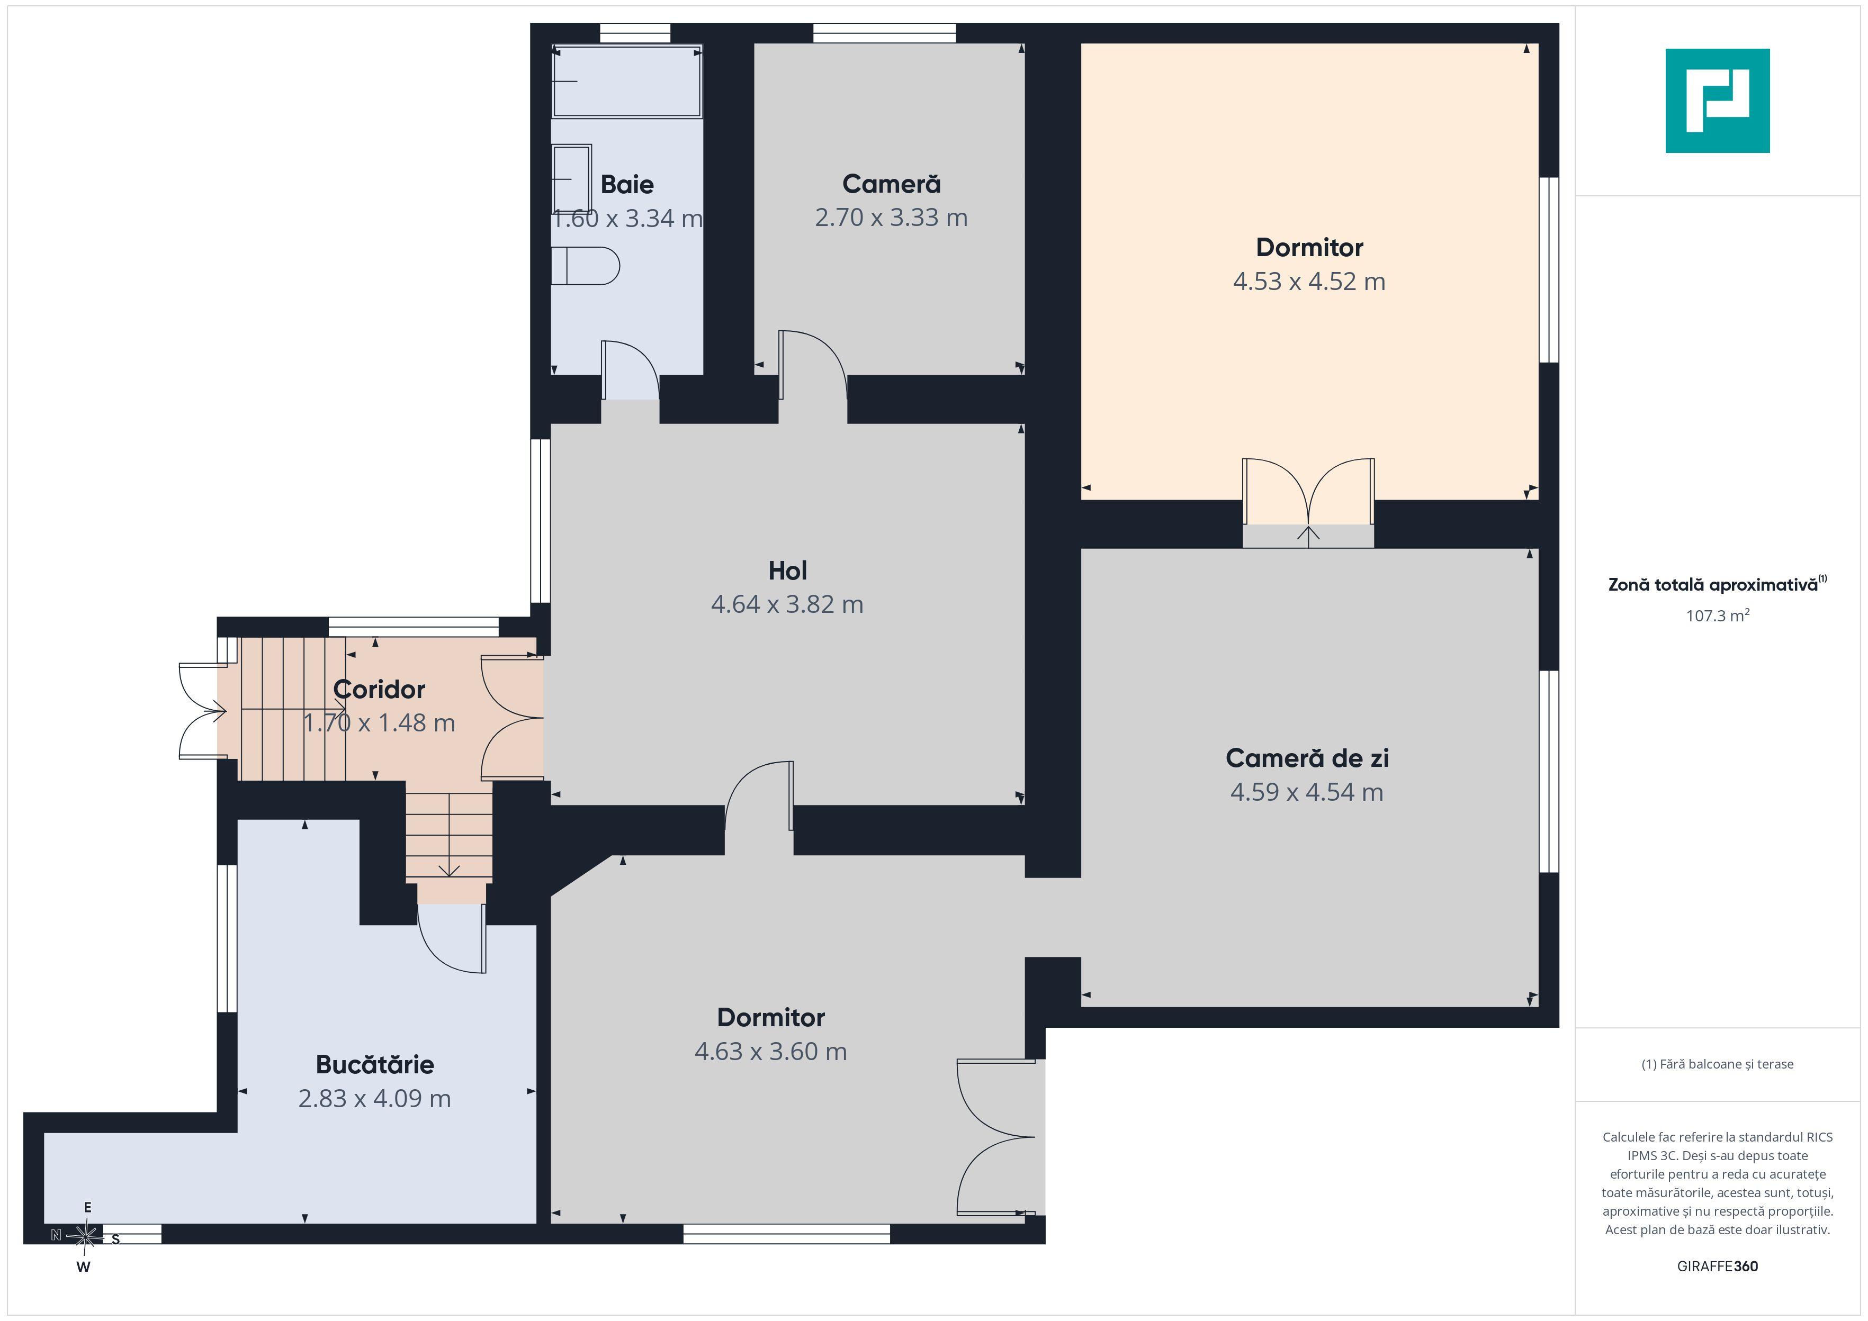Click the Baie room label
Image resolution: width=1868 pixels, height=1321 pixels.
[626, 185]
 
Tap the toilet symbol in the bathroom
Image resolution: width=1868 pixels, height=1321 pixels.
[586, 266]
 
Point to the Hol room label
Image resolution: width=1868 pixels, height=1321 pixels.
[787, 571]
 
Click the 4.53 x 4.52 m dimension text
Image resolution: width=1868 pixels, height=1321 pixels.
[1309, 282]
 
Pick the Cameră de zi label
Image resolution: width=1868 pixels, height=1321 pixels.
[1307, 758]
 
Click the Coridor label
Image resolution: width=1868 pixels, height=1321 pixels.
[379, 690]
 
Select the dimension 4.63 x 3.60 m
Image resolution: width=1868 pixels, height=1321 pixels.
[770, 1052]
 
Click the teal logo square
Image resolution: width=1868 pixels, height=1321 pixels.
[1718, 101]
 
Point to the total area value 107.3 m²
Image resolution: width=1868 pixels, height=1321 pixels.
[1718, 616]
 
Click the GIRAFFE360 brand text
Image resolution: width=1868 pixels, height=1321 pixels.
[1718, 1266]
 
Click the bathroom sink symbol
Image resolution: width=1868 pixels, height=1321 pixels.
[571, 179]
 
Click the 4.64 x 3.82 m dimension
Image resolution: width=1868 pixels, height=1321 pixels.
[787, 604]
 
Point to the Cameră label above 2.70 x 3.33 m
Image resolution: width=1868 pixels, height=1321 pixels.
[891, 184]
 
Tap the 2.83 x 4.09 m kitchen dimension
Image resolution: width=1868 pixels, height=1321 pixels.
[374, 1099]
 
